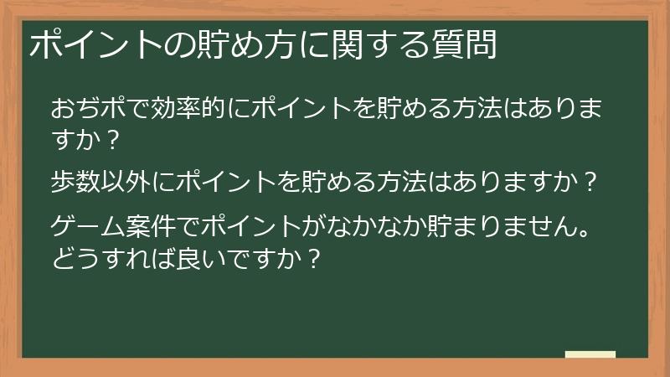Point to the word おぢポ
coord(90,109)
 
